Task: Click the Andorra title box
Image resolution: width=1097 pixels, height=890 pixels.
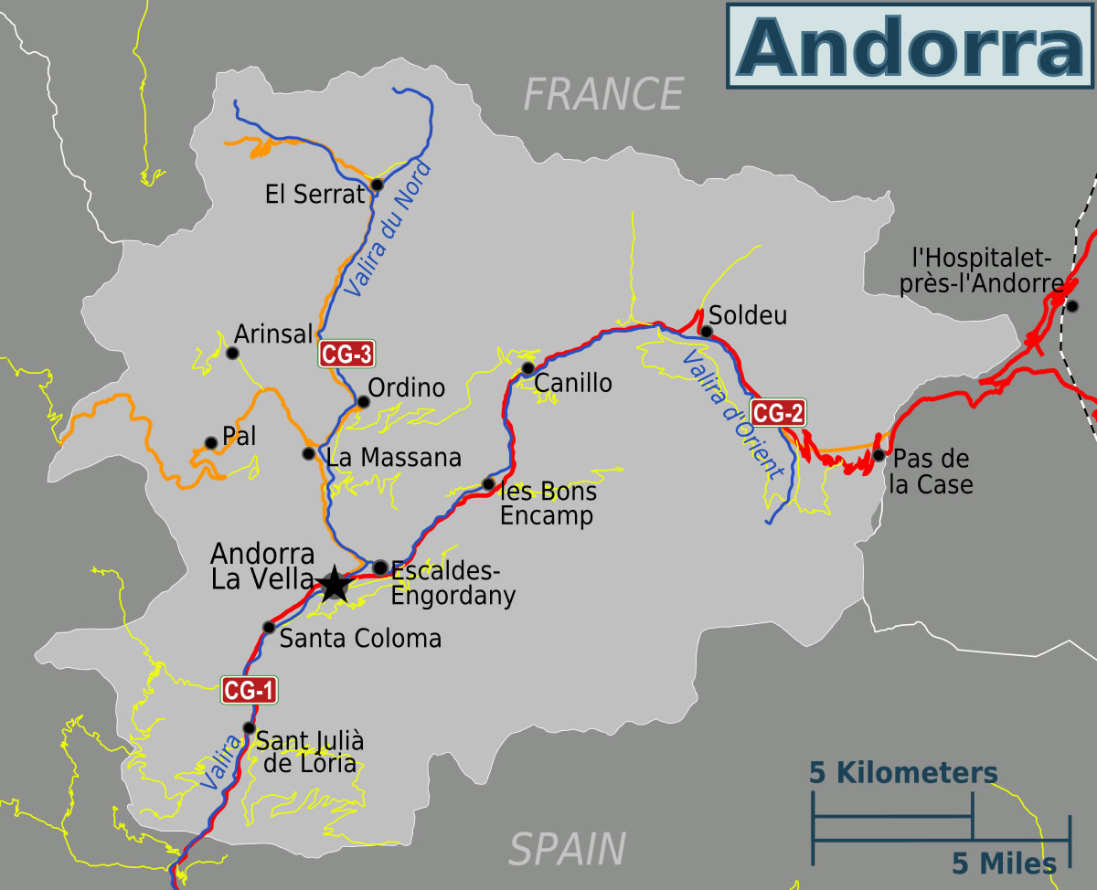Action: pos(911,45)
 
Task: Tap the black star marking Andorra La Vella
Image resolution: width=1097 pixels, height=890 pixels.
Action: pos(335,583)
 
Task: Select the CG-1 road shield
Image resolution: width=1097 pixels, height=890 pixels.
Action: pos(249,691)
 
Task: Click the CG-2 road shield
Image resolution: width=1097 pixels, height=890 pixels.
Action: pos(778,413)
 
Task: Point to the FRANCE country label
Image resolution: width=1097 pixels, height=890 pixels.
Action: pos(603,94)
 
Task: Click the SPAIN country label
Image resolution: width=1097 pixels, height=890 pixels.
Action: pos(567,849)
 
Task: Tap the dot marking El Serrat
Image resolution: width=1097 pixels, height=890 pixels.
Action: pos(377,186)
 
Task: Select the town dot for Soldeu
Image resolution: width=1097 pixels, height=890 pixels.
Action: pos(706,331)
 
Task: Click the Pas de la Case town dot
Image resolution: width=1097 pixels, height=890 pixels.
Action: pos(879,455)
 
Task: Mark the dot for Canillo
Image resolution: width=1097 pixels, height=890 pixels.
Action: pos(527,368)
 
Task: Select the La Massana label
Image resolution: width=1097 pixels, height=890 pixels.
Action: pos(394,456)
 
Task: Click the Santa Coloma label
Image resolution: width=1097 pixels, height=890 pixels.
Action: pos(360,638)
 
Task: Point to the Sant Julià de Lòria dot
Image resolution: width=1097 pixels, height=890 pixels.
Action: pos(249,728)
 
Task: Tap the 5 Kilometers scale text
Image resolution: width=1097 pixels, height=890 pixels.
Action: pos(903,773)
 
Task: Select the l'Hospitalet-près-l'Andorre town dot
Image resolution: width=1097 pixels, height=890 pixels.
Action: pos(1072,306)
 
